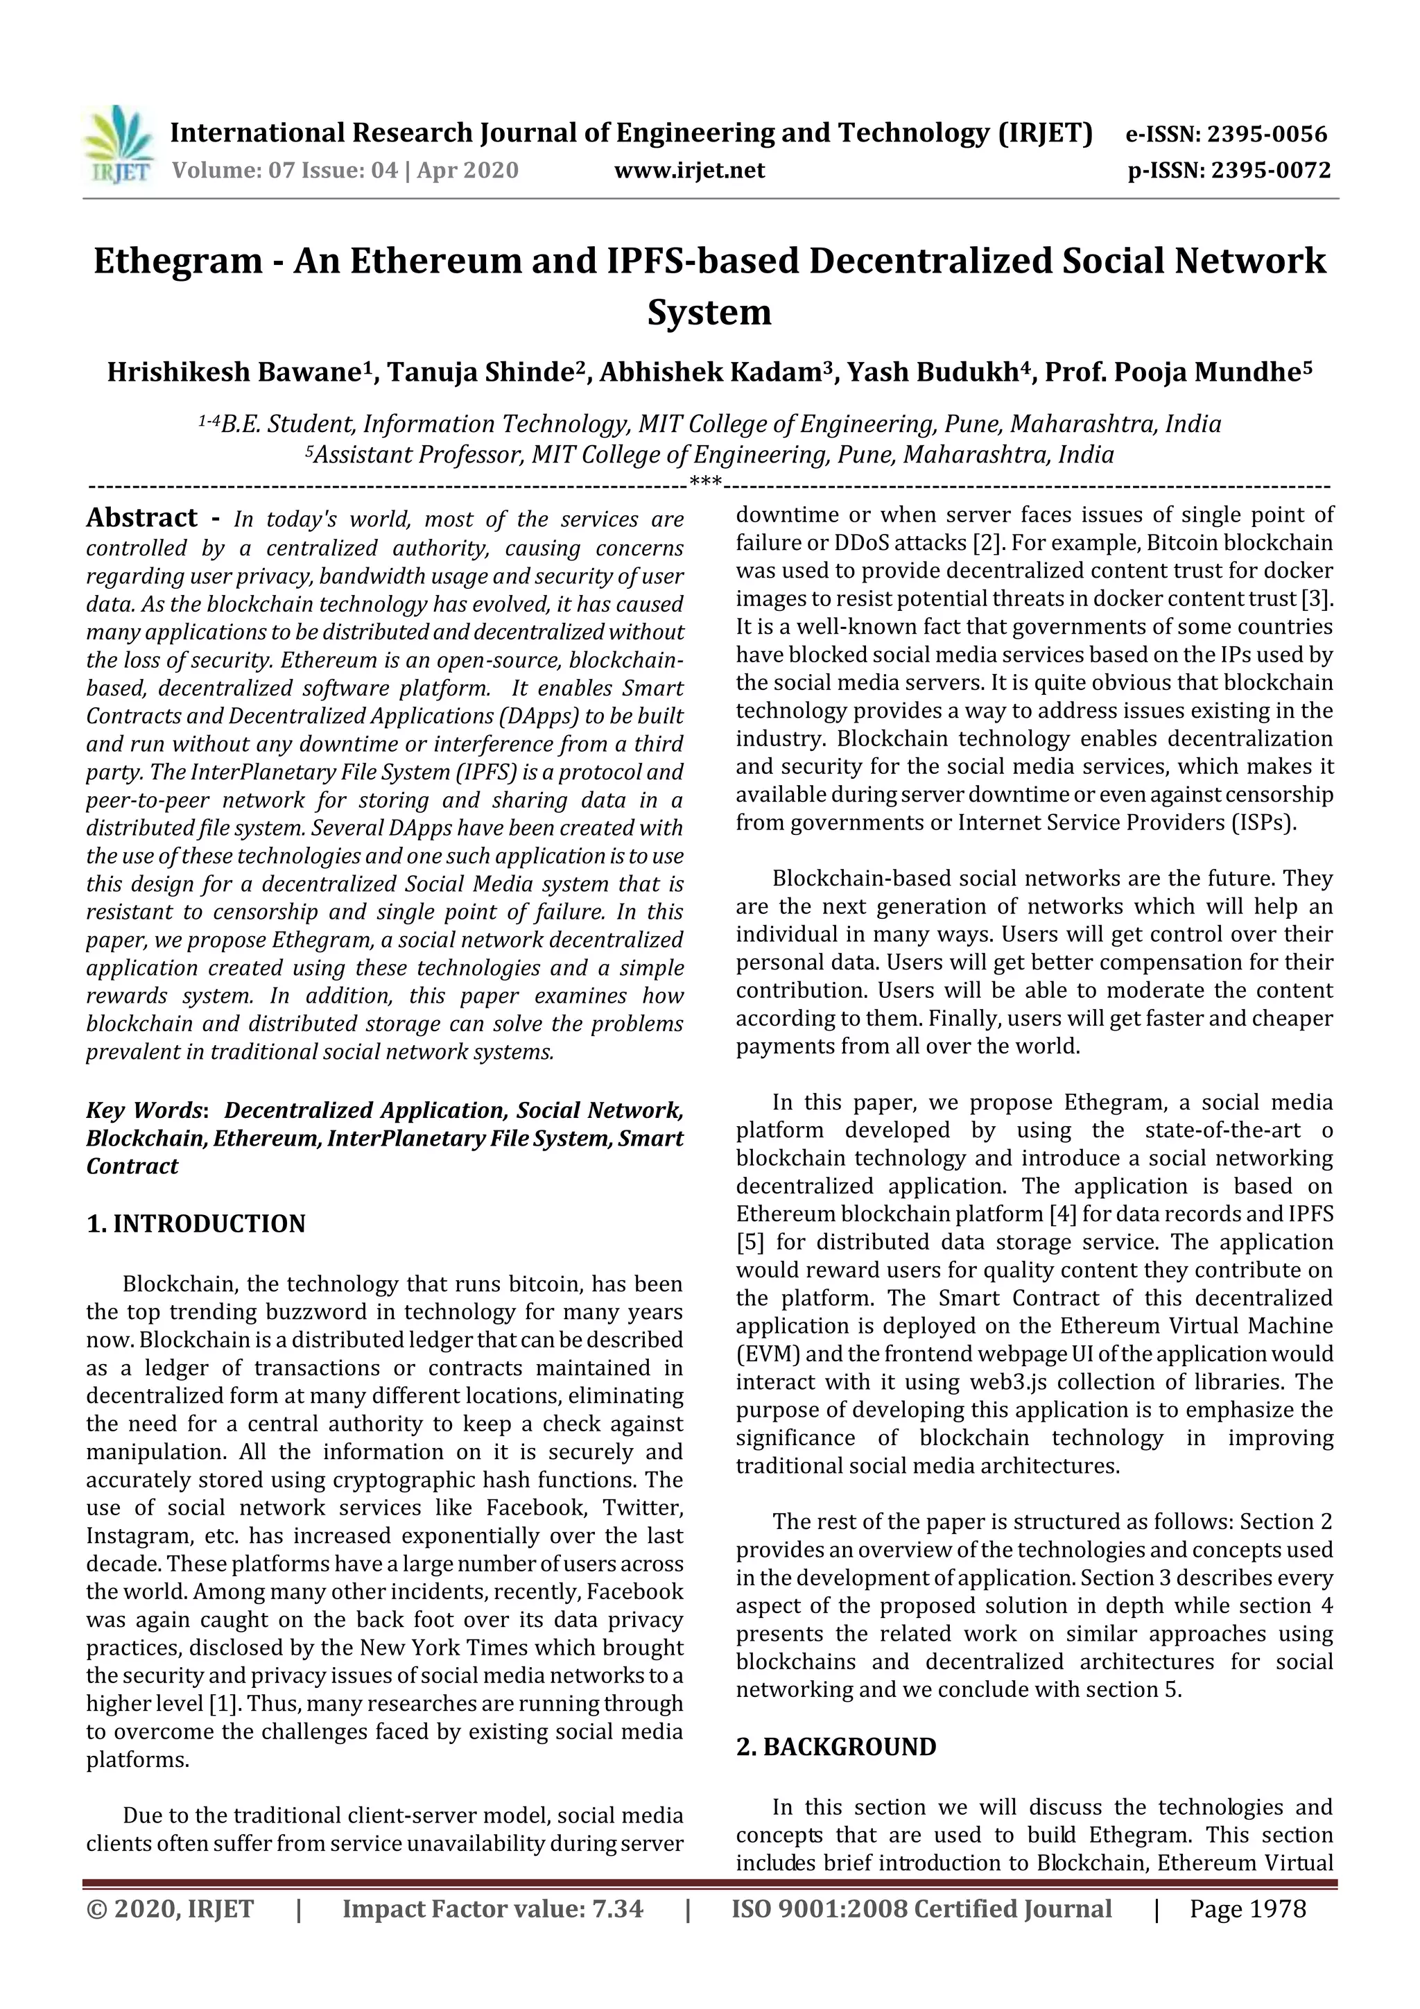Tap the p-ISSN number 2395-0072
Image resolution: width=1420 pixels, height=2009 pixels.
[x=1270, y=170]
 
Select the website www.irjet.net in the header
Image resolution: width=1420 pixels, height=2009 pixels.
[x=689, y=170]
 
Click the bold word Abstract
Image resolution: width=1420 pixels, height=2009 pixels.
[x=141, y=518]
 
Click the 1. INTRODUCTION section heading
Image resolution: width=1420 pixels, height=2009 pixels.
[x=196, y=1223]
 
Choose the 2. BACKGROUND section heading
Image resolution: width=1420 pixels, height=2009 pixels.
[x=835, y=1748]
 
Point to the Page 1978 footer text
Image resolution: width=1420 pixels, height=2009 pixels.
[x=1247, y=1908]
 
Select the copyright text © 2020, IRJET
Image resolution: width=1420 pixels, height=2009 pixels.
[x=171, y=1908]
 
